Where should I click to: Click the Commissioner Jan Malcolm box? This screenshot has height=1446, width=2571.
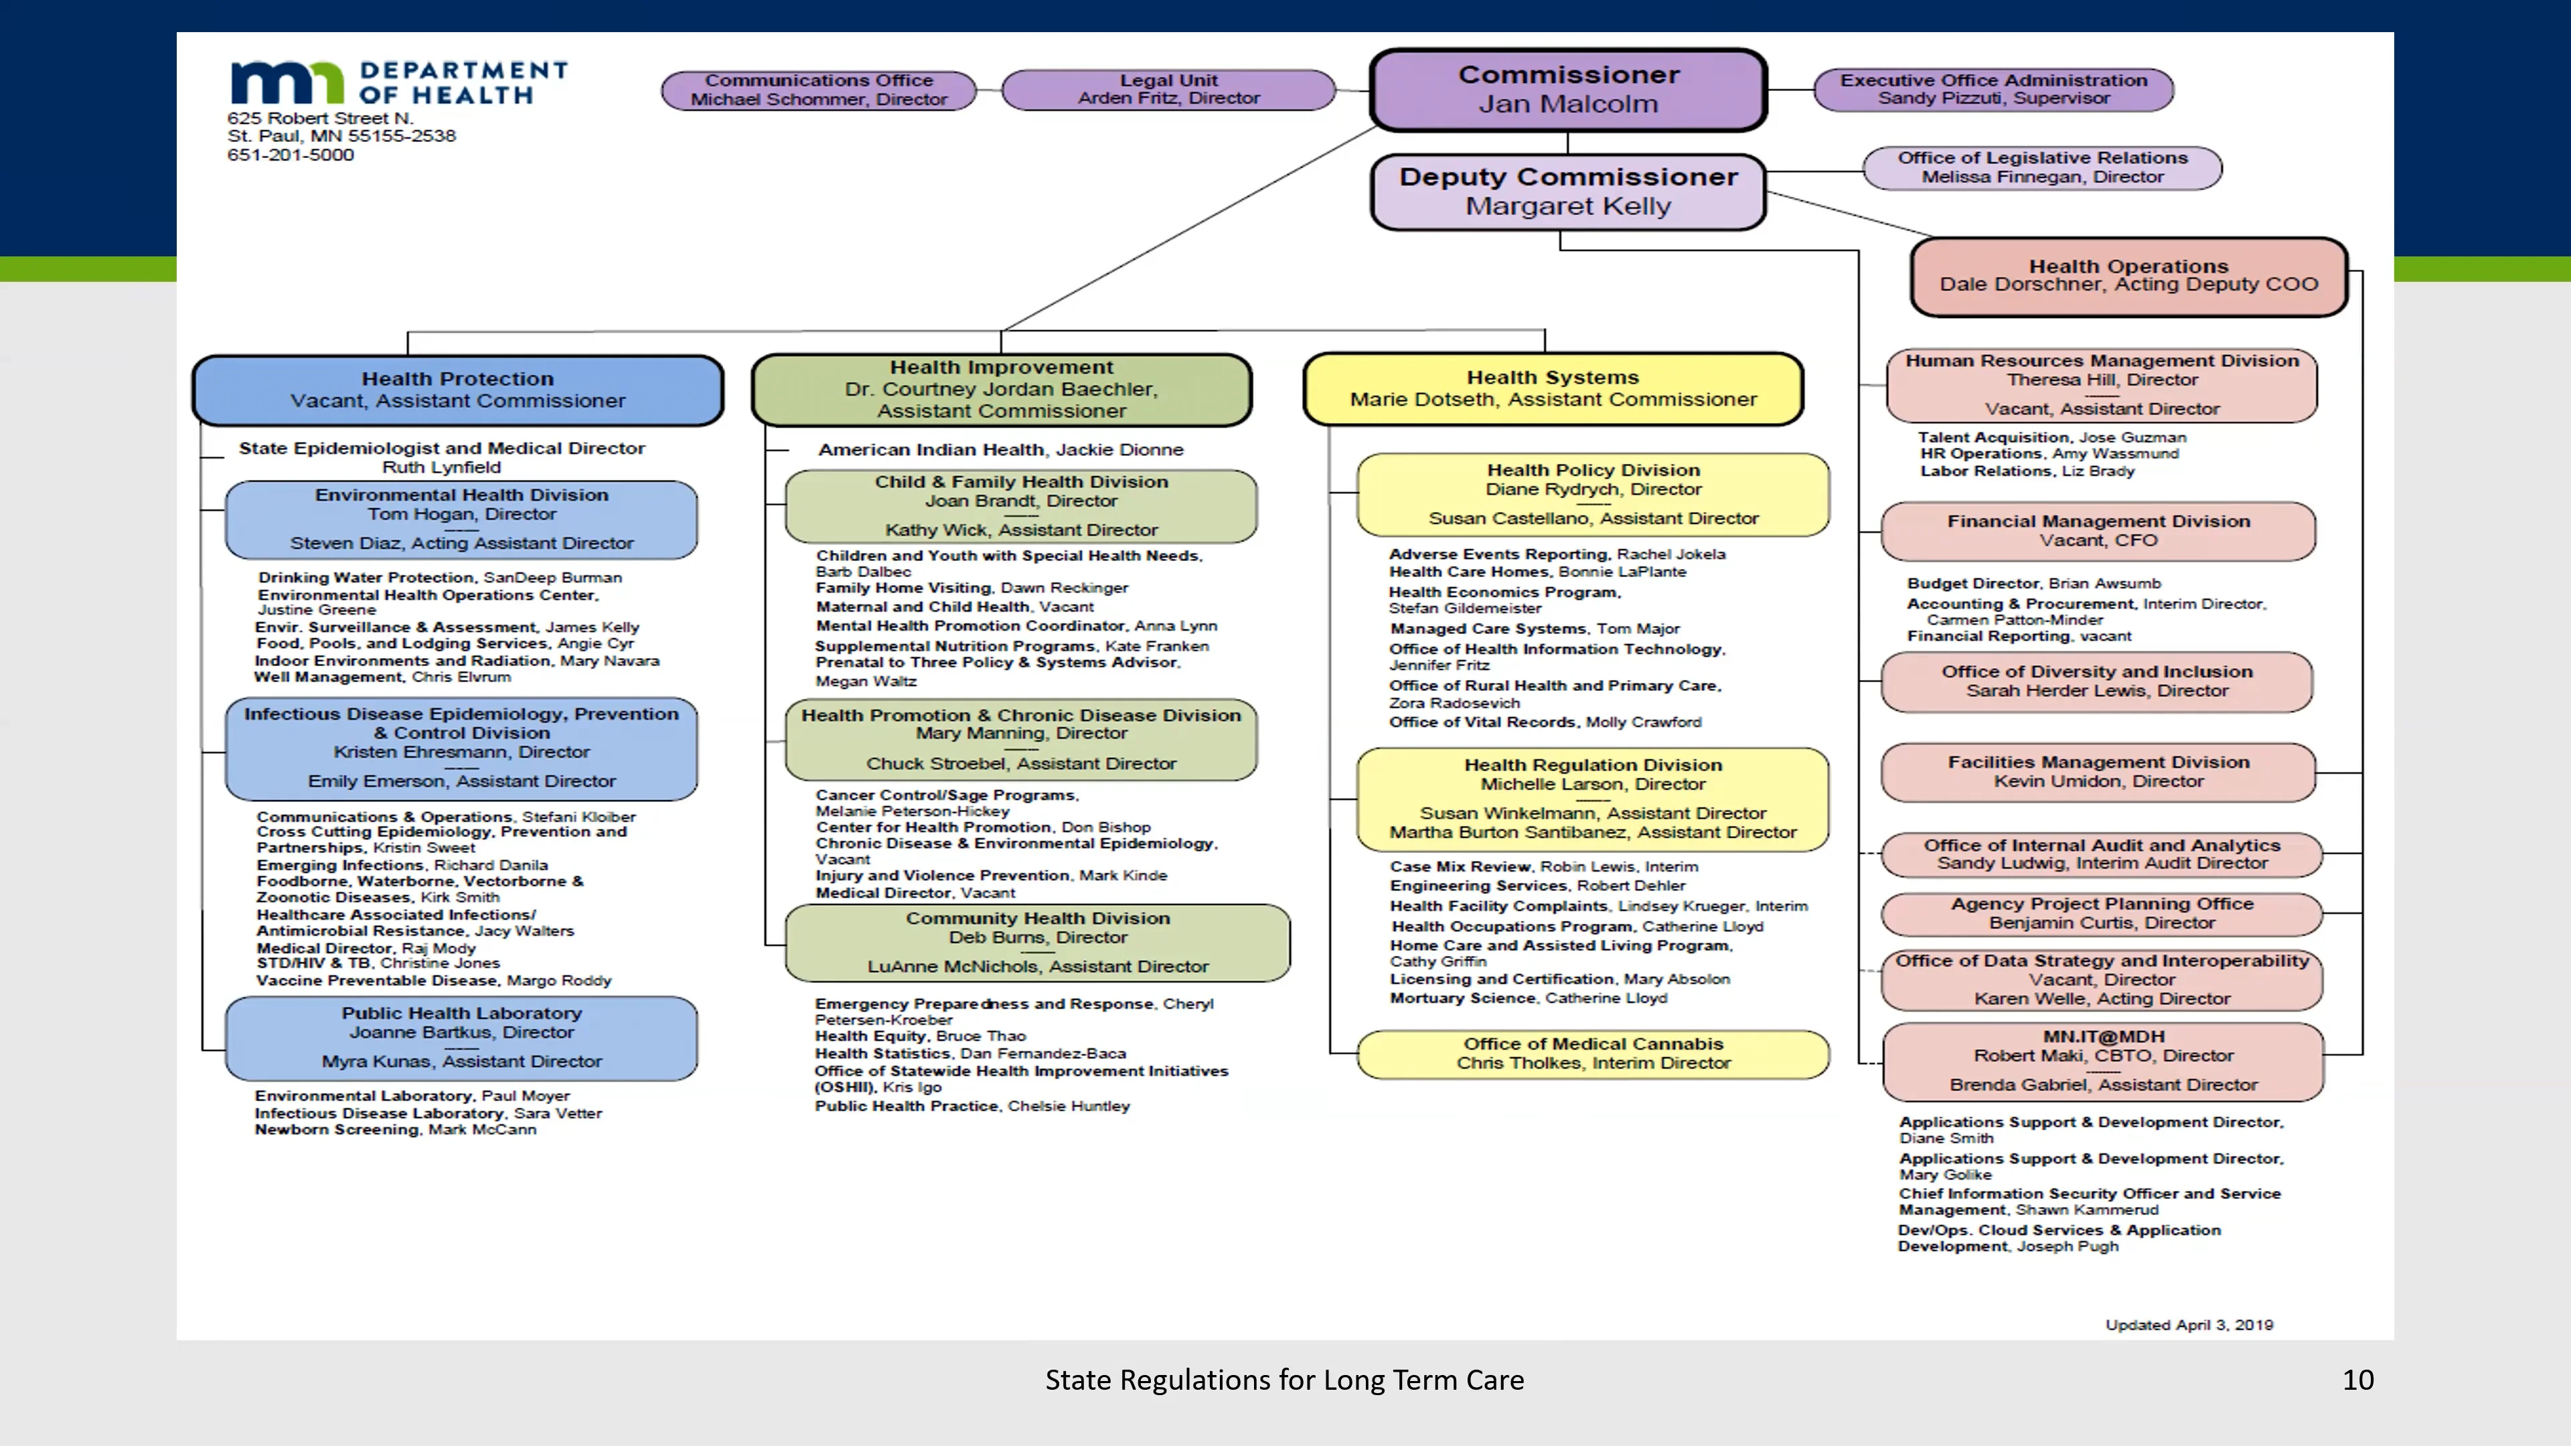point(1568,90)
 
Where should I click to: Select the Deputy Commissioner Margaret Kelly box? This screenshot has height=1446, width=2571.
point(1568,191)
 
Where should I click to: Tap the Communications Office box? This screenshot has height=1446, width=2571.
point(818,90)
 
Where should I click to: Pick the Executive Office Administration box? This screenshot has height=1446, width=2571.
point(1993,89)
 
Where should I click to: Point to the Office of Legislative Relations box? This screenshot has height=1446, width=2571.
point(2042,167)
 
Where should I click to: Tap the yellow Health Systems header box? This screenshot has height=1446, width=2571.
point(1553,389)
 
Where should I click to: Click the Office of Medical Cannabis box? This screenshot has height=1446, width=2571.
point(1593,1054)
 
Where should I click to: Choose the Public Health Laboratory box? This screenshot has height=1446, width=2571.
point(461,1038)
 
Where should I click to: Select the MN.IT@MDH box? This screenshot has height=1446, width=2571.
point(2103,1061)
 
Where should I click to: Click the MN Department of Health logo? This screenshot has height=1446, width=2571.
point(397,83)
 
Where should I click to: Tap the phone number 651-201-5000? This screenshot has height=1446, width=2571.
point(291,155)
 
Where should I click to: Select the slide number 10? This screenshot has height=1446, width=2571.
point(2357,1380)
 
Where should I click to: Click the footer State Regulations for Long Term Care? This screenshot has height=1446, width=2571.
point(1285,1380)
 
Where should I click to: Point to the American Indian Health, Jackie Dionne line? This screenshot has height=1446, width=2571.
point(1000,450)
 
